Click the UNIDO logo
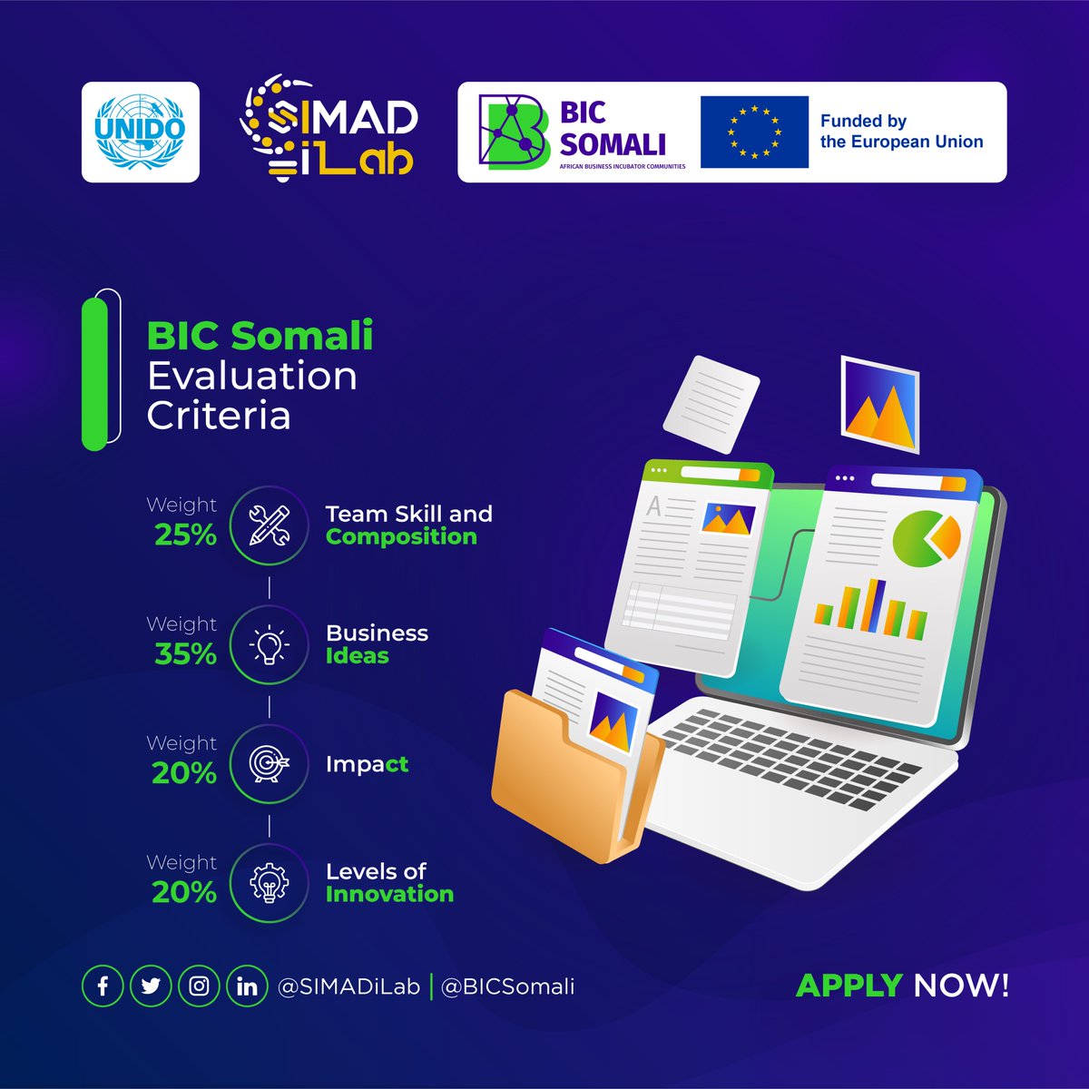click(140, 132)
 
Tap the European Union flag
click(754, 132)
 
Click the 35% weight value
click(185, 653)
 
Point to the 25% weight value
click(185, 535)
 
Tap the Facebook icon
click(103, 986)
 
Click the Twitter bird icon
click(151, 986)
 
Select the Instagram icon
click(199, 986)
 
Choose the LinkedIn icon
click(247, 986)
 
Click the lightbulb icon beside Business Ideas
click(270, 645)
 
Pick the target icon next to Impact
click(270, 764)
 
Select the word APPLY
click(849, 986)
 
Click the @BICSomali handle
click(507, 986)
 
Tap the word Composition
click(401, 536)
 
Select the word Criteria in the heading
click(219, 416)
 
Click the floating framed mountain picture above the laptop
click(879, 403)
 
